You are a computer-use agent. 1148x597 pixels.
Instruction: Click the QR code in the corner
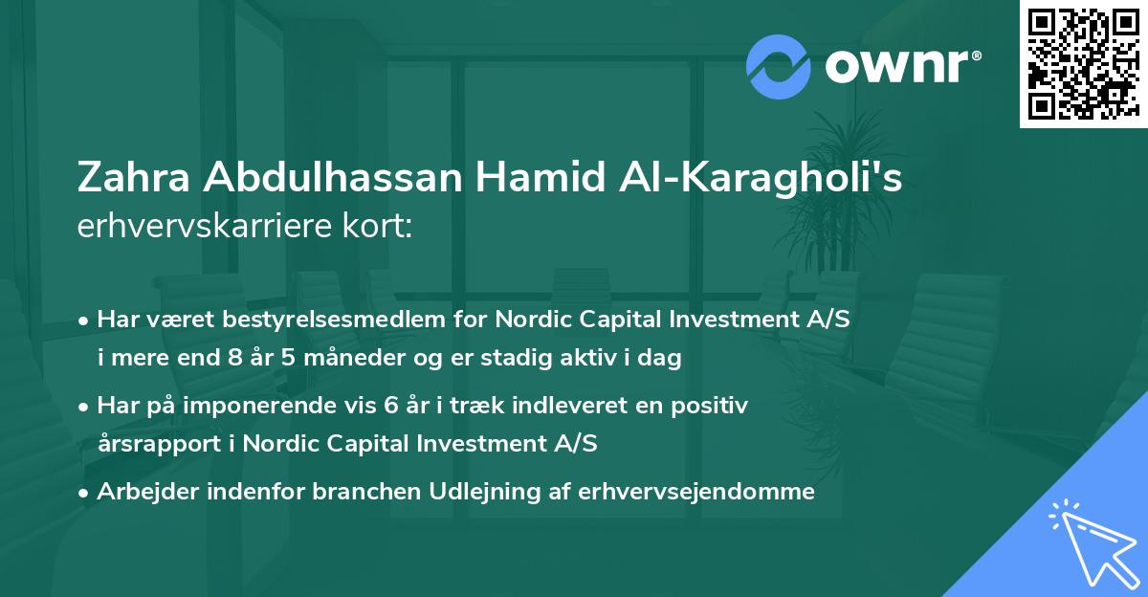[x=1082, y=64]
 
